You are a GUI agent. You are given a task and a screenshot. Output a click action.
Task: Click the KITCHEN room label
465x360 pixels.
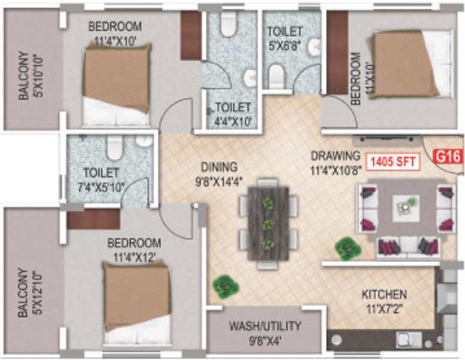384,301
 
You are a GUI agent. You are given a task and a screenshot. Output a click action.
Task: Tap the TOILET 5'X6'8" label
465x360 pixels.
285,37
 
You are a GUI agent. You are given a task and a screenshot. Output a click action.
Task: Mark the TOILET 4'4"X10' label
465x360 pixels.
232,113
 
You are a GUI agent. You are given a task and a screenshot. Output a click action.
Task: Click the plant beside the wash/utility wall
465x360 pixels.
224,284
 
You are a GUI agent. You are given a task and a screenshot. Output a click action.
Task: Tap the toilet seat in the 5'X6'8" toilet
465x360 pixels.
276,76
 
